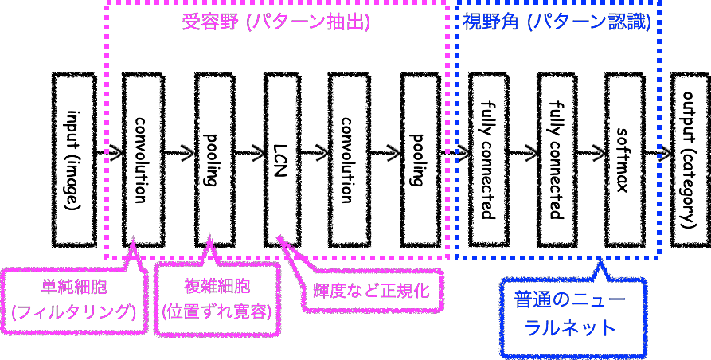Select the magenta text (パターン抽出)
coord(306,22)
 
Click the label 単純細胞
coord(74,288)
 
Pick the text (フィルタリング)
coord(74,311)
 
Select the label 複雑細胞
coord(217,288)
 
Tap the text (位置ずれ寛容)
coord(217,311)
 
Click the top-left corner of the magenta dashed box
coord(107,4)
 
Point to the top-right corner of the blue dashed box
coord(658,4)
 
